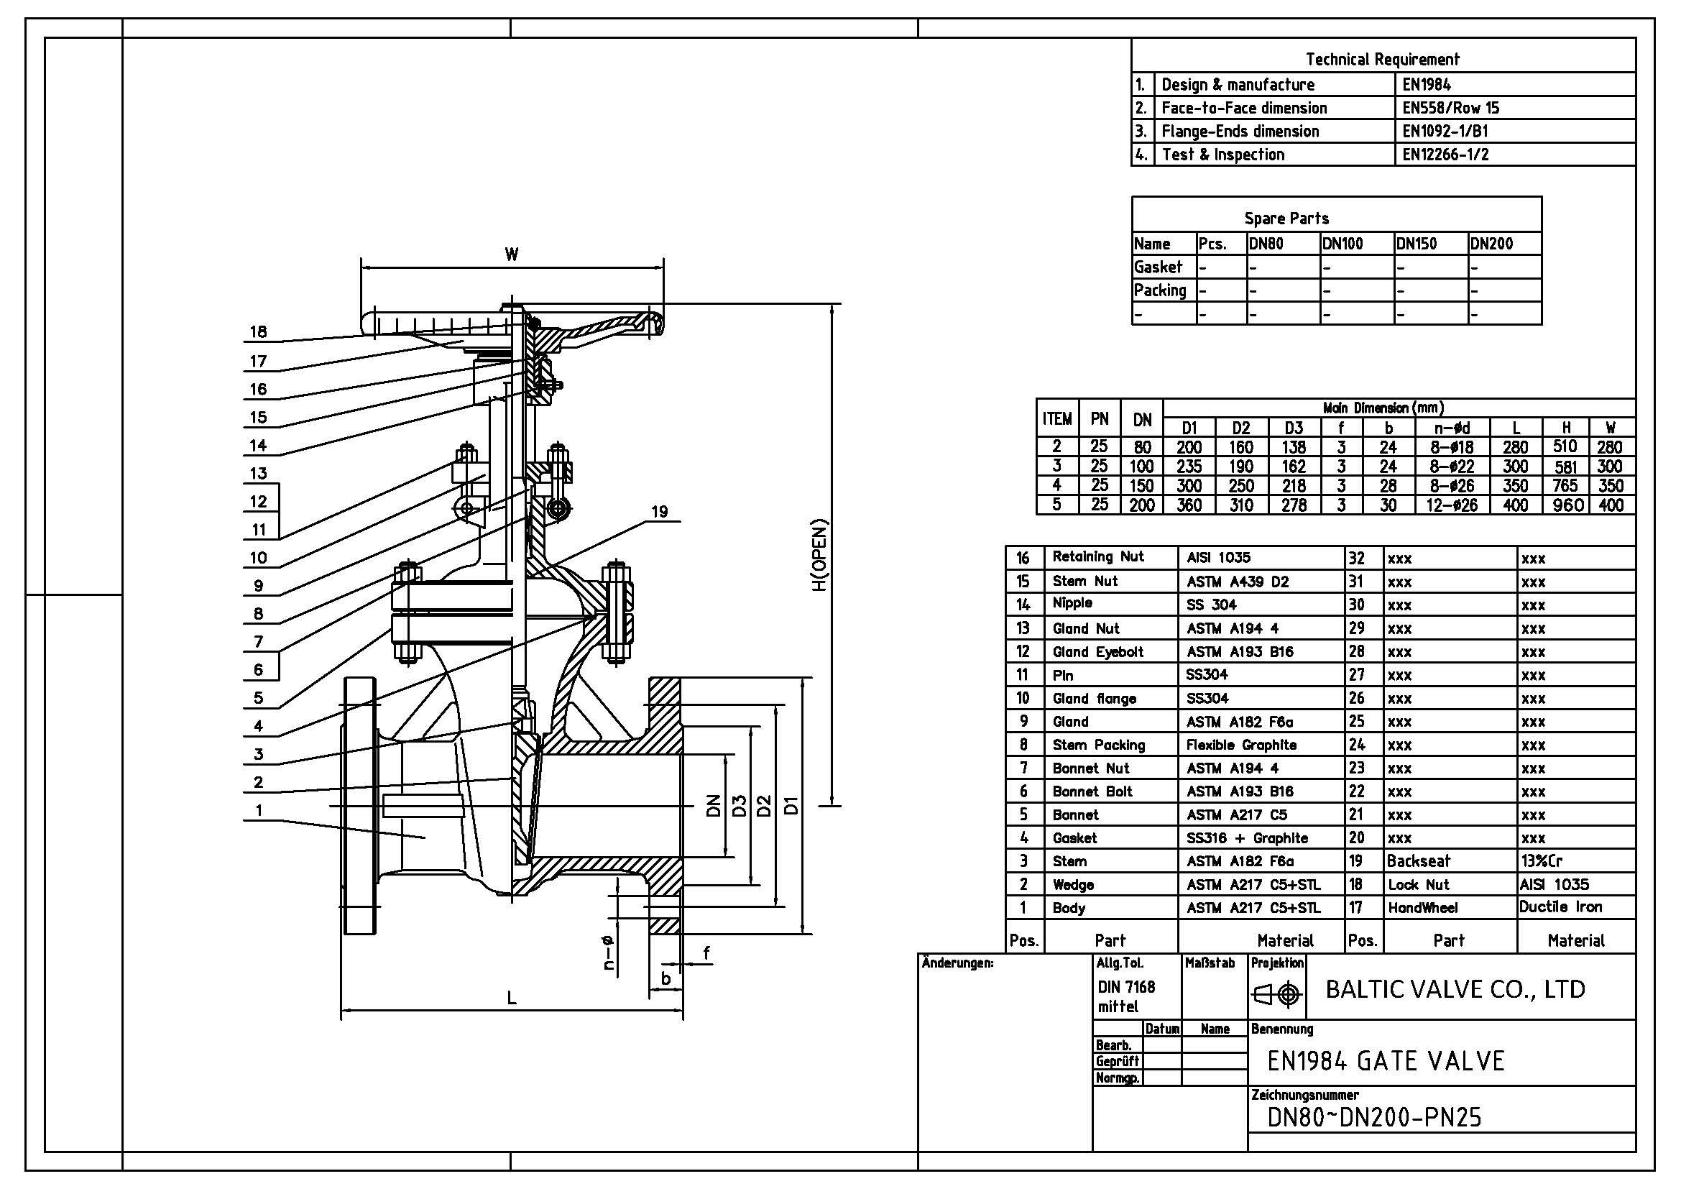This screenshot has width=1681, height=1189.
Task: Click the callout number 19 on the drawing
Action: point(659,511)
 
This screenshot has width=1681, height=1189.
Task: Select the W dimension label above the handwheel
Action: point(511,254)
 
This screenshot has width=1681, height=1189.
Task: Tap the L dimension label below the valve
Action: point(512,997)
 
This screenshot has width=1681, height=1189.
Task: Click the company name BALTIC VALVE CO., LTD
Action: point(1455,990)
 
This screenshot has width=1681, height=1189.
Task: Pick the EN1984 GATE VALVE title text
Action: point(1385,1061)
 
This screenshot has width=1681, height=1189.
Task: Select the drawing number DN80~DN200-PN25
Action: point(1374,1117)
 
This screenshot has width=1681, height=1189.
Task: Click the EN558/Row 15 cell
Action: point(1450,109)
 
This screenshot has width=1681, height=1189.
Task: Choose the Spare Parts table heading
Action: point(1286,219)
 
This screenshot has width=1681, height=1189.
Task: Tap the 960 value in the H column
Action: point(1567,505)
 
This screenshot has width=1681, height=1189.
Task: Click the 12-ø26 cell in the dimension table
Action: point(1451,505)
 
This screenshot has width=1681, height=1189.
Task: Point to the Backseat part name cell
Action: point(1417,861)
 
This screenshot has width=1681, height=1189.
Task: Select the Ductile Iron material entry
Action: point(1560,907)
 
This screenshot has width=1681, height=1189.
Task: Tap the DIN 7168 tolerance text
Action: point(1126,987)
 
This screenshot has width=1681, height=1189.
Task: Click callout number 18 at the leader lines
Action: point(258,331)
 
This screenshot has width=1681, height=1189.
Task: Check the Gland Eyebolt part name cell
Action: point(1098,651)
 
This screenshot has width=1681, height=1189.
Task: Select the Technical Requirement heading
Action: point(1382,59)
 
